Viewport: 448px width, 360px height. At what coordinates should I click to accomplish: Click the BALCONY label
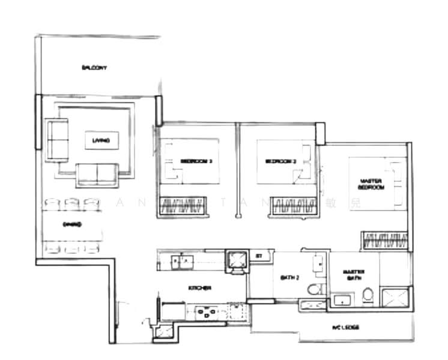(94, 68)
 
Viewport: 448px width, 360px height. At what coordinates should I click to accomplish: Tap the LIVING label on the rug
(101, 141)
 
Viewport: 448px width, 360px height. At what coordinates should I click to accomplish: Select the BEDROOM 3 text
(196, 161)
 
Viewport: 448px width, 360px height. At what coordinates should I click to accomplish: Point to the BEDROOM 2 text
(281, 161)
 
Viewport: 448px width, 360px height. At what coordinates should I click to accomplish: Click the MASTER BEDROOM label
(372, 184)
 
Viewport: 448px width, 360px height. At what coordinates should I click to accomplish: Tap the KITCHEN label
(199, 289)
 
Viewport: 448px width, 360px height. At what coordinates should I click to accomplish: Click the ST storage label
(259, 256)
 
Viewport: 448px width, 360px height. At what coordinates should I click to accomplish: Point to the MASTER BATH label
(354, 275)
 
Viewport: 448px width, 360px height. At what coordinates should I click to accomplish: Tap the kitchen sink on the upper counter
(181, 261)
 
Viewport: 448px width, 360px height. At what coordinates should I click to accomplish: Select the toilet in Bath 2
(314, 290)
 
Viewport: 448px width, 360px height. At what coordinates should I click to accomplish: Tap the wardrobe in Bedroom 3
(181, 206)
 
